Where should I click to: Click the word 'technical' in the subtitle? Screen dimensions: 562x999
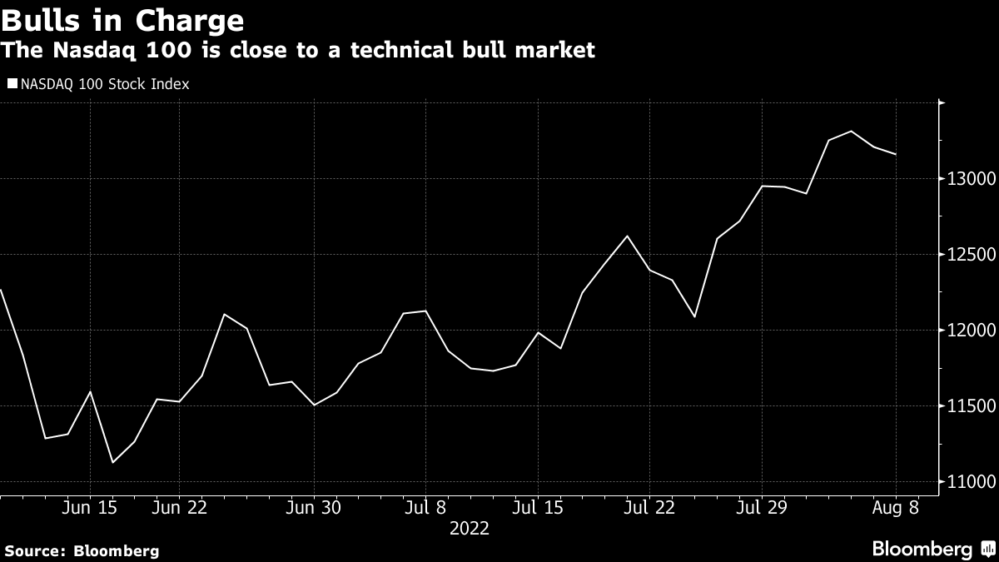[389, 50]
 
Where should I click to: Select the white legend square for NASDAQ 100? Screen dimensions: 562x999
[12, 84]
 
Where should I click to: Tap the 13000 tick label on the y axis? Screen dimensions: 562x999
[967, 179]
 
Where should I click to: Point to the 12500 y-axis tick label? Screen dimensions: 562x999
[967, 255]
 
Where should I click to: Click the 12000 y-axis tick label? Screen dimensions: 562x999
[967, 331]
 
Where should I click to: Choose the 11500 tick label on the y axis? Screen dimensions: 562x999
[967, 406]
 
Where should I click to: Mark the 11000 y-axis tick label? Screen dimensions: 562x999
[967, 482]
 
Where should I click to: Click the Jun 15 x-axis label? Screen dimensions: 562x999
[89, 506]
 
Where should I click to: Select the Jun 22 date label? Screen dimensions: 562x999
[179, 506]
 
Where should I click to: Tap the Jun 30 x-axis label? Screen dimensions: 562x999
[314, 506]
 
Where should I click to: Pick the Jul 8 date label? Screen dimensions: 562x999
[425, 506]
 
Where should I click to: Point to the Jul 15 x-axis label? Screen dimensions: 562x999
[537, 506]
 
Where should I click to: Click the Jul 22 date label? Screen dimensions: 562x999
[649, 506]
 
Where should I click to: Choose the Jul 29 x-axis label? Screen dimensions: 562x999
[761, 506]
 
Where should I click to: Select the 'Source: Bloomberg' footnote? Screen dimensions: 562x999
[81, 550]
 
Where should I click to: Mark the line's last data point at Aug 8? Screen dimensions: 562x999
[896, 154]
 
